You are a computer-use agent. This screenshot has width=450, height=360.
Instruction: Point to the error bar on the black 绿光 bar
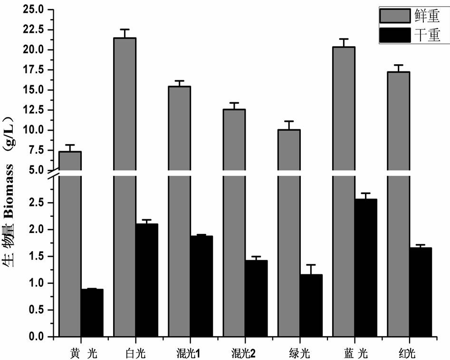point(311,269)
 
